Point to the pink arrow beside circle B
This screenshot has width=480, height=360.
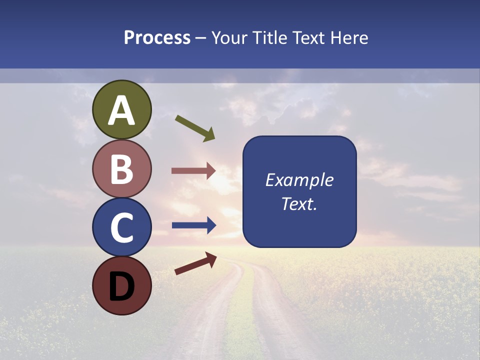point(193,170)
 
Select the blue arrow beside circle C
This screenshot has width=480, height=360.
point(193,225)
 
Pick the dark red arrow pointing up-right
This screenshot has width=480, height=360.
point(195,263)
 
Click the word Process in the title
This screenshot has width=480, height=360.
point(157,37)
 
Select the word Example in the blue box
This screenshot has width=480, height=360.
point(299,180)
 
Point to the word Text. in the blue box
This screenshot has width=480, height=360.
point(299,203)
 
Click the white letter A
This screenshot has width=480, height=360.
point(122,110)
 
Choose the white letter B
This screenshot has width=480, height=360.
point(122,169)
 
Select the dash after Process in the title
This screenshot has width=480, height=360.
point(201,38)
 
